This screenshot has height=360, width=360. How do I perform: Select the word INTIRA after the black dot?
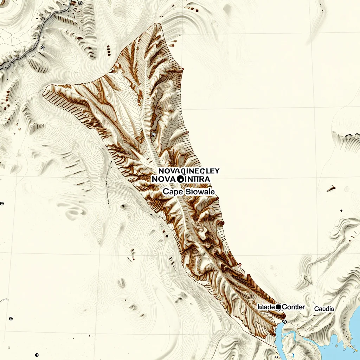coord(198,179)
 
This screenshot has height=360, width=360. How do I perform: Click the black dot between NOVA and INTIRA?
coord(181,179)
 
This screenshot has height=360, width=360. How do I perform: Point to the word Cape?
coord(171,192)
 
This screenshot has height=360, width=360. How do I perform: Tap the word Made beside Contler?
coord(266,307)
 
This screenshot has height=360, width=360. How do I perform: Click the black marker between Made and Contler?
coord(278,307)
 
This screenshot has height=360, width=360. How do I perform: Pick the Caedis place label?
coord(324,309)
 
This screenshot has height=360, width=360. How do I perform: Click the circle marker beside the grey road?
coord(43,47)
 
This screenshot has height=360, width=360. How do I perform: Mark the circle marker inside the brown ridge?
coord(153,134)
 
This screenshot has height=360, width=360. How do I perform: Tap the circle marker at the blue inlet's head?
coord(284,321)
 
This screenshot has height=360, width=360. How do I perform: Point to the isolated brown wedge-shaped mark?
coord(331,189)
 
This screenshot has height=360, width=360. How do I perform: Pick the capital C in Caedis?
coord(316,309)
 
